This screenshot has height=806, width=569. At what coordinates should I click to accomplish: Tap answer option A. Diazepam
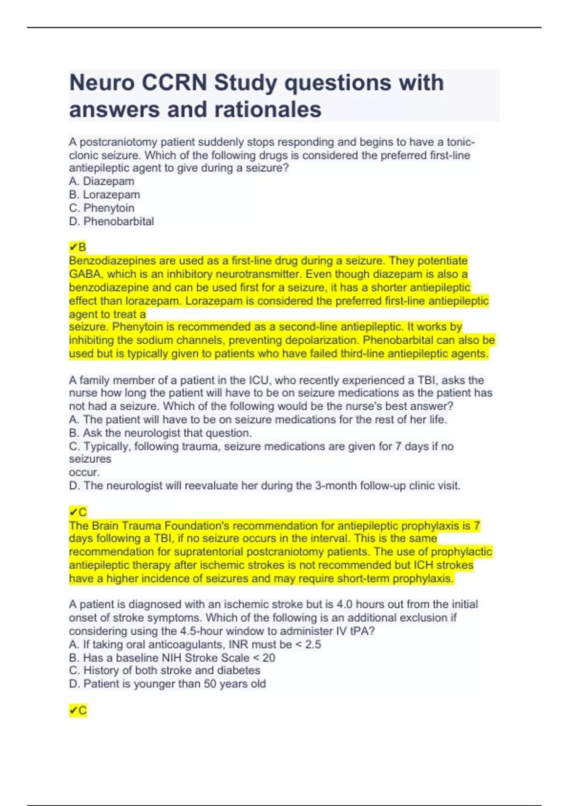pos(101,181)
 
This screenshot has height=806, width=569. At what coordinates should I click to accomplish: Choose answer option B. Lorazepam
pos(104,194)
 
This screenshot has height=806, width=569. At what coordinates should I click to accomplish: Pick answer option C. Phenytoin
pos(101,208)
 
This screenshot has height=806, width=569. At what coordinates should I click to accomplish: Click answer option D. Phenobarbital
pos(111,221)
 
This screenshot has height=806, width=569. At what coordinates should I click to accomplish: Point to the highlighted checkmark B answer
pos(77,247)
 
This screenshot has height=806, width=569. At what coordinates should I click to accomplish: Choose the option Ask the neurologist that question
pos(160,433)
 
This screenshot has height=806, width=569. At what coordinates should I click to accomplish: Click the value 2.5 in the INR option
pos(312,644)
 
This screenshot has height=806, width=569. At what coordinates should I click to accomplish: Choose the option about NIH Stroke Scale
pos(172,658)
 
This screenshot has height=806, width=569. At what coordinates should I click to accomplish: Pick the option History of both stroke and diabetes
pos(165,670)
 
